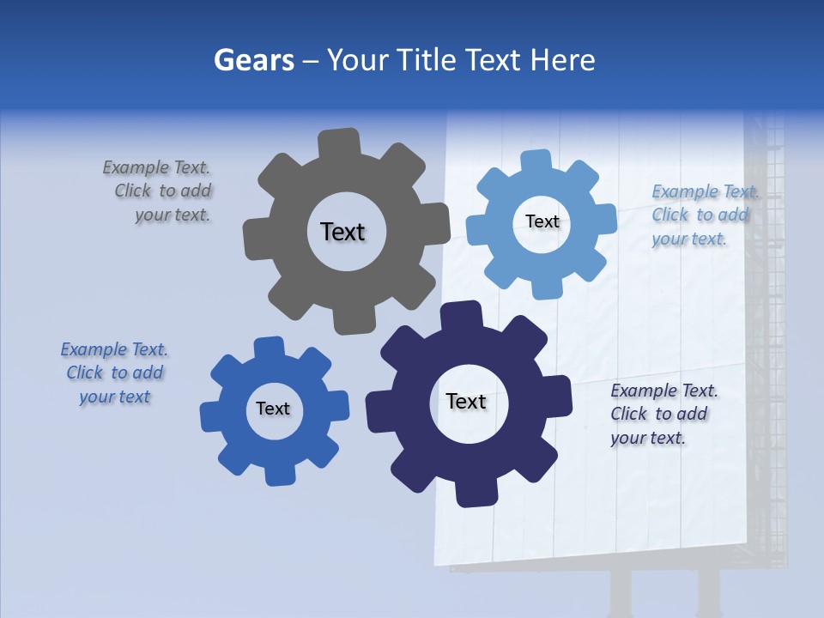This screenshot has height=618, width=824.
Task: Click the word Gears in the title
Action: coord(253,60)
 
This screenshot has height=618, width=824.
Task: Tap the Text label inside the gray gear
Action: coord(342,232)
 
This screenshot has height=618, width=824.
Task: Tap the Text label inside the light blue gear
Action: coord(542,221)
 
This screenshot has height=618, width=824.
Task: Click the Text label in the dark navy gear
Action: coord(466,401)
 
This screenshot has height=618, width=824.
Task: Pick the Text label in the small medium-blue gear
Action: coord(273,409)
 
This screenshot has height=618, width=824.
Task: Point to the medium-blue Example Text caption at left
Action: coord(114,373)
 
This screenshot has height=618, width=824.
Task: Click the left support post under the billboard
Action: coord(620,592)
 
